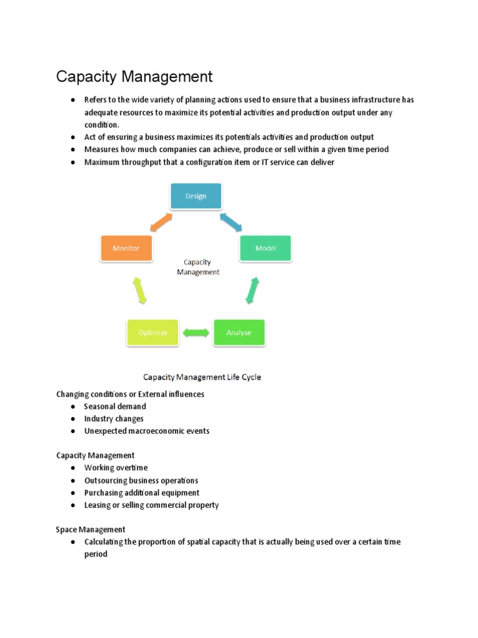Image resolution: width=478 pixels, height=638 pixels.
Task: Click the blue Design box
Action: (x=196, y=196)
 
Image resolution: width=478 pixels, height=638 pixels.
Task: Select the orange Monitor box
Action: (x=126, y=248)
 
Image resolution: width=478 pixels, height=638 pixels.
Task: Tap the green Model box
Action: (x=266, y=248)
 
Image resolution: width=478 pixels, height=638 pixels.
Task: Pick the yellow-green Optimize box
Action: (x=152, y=333)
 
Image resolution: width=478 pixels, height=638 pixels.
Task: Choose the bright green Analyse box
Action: (x=239, y=333)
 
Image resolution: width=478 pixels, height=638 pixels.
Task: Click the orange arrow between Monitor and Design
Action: (x=161, y=221)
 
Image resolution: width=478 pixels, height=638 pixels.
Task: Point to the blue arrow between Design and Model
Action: (x=232, y=221)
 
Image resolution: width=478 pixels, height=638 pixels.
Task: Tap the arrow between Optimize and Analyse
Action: (x=196, y=333)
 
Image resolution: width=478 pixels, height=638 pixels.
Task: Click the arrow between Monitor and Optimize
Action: (x=139, y=290)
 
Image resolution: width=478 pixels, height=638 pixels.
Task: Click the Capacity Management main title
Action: (x=134, y=77)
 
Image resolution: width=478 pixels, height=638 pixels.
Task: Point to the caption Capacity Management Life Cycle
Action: (x=202, y=377)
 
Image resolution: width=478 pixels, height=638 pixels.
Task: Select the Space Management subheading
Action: (x=91, y=530)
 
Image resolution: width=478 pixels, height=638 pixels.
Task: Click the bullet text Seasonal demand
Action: (x=115, y=406)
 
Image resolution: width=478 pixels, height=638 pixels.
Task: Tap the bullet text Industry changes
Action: (x=114, y=419)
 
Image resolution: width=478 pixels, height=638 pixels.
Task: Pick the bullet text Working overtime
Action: (x=116, y=468)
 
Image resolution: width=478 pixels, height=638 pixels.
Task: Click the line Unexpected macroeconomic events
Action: (x=147, y=431)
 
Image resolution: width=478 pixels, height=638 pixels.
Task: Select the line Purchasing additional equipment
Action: (x=142, y=493)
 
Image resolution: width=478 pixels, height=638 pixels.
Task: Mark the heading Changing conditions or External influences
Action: (x=130, y=394)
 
